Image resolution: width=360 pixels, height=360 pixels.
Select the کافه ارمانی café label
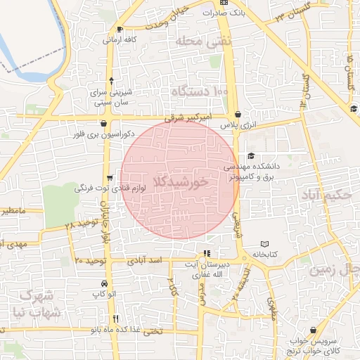click(x=120, y=40)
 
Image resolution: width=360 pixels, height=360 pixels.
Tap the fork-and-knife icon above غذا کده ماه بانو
click(x=116, y=318)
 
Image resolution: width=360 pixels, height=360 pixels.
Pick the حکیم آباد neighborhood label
click(x=329, y=195)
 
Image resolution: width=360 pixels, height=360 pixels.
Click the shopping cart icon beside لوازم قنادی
click(x=109, y=178)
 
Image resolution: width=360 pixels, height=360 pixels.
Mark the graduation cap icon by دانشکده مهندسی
click(x=252, y=156)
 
